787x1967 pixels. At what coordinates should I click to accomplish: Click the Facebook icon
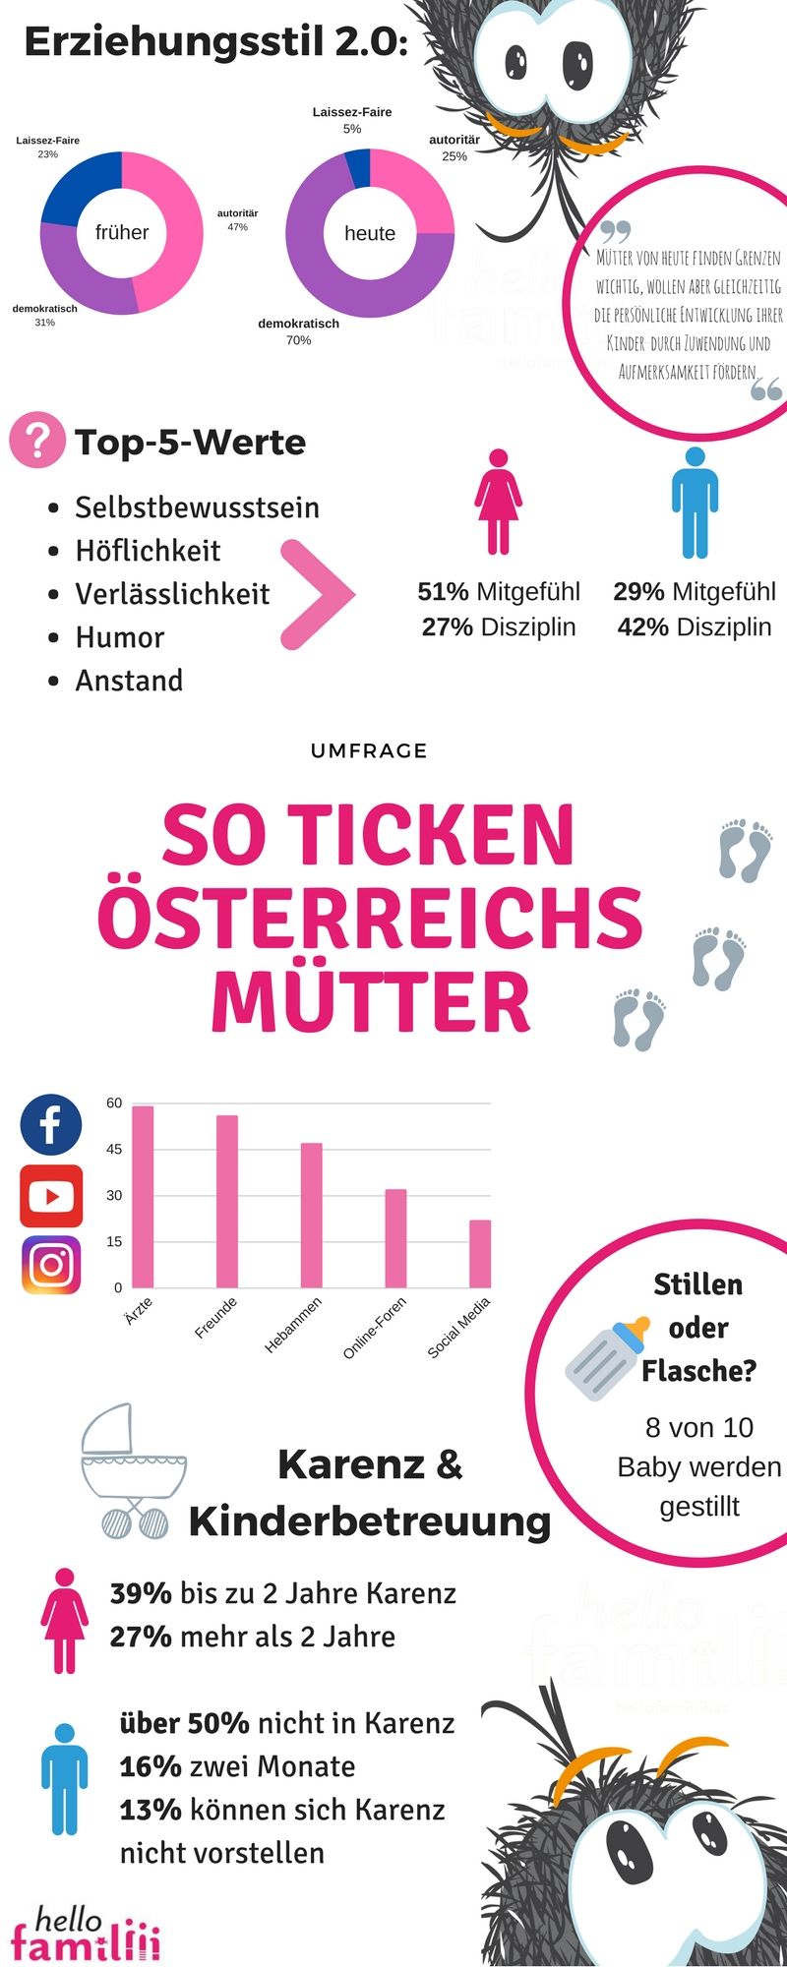(x=50, y=1124)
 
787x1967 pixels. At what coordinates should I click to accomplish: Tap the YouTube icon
(x=51, y=1196)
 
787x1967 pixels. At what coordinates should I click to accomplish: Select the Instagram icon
(x=51, y=1265)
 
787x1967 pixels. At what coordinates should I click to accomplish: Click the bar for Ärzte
(x=143, y=1196)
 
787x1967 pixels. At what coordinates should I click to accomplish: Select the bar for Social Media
(x=480, y=1253)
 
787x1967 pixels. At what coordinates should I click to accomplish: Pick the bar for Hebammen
(x=311, y=1215)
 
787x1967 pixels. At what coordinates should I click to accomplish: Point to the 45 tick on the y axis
(x=115, y=1149)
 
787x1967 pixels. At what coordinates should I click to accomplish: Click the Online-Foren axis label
(x=375, y=1328)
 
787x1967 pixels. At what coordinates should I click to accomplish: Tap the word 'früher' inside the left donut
(x=122, y=233)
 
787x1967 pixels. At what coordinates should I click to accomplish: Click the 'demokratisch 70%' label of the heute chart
(x=298, y=331)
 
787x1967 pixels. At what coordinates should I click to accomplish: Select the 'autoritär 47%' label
(x=237, y=219)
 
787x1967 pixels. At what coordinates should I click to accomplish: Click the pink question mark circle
(x=35, y=440)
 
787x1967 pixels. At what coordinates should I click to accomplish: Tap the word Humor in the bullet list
(x=120, y=637)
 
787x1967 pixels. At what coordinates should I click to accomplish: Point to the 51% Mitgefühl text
(x=499, y=591)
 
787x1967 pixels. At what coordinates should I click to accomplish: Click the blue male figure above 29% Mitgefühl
(x=695, y=502)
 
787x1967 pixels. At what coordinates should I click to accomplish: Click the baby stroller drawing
(x=132, y=1471)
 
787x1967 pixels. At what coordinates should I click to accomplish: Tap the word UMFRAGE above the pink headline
(x=369, y=750)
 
